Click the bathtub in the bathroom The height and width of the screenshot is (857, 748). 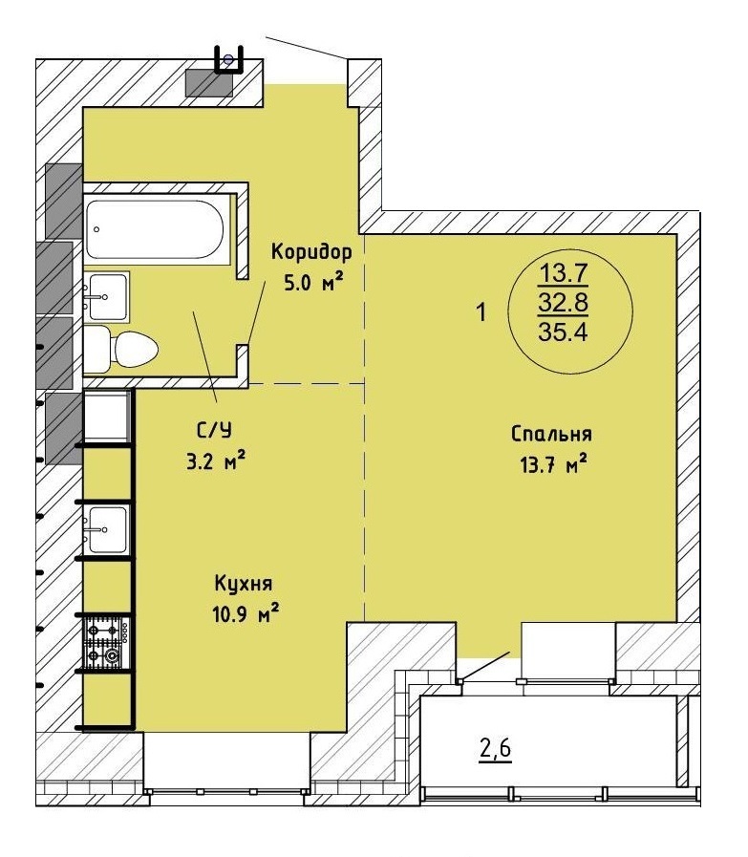coord(155,229)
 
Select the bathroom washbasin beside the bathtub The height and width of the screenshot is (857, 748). coord(107,295)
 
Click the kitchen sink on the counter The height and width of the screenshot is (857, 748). coord(107,529)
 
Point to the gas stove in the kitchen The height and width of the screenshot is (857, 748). coord(107,643)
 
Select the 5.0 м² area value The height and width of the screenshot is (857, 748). coord(313,283)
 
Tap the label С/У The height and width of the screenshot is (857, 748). coord(214,431)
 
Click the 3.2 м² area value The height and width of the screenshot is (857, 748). coord(215,462)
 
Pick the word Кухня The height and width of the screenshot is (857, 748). coord(244,583)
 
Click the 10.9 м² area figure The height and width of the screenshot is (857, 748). coord(246,614)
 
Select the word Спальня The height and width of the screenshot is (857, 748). coord(551,434)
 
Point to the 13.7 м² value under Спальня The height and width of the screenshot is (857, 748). coord(554,465)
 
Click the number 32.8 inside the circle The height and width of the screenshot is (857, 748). coord(563,302)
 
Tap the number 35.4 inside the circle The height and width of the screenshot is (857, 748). coord(563,332)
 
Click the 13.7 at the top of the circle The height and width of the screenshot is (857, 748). coord(564,272)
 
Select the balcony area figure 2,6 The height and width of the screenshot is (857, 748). coord(495,748)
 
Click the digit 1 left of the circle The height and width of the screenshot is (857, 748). coord(481,313)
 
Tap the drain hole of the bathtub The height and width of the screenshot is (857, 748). coord(96,229)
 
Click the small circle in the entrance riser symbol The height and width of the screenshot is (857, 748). coord(228,58)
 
